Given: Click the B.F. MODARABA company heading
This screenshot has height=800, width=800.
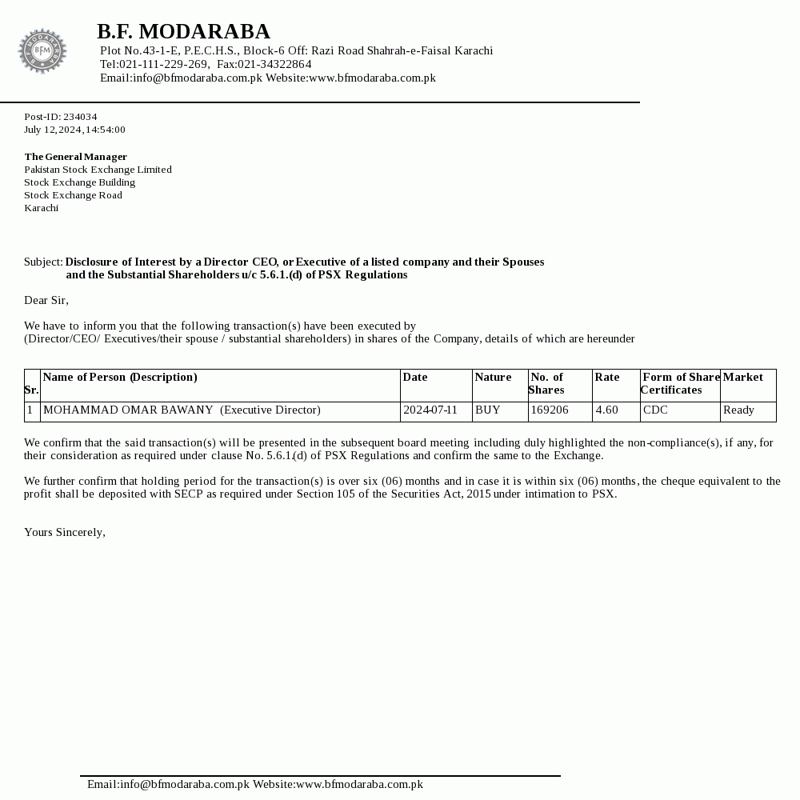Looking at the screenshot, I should (x=183, y=31).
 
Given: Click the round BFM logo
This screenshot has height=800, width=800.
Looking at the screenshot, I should (x=42, y=51).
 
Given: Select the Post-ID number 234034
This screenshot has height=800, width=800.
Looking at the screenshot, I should (x=80, y=117).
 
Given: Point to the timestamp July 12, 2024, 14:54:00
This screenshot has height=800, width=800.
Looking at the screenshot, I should (x=74, y=130).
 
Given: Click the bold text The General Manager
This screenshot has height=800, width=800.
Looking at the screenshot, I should (x=75, y=157).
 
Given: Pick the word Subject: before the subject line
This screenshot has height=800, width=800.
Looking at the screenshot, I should (x=43, y=262).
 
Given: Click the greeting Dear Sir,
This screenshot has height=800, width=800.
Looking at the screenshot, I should (x=46, y=300).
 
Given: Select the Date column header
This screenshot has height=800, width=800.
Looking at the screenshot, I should (x=415, y=377).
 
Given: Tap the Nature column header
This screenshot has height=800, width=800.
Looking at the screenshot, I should (x=493, y=377).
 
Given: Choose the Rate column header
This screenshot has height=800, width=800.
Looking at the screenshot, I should (x=607, y=377).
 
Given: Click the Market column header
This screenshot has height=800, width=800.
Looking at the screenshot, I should (x=743, y=377).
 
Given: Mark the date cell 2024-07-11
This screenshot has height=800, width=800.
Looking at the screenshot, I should (x=430, y=410).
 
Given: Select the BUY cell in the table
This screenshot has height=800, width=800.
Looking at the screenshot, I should (x=488, y=410).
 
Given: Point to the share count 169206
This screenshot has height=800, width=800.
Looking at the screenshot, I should (x=550, y=410).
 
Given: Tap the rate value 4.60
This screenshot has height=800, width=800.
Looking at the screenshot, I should (x=607, y=410).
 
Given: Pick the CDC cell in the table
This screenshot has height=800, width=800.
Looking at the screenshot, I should (x=655, y=410).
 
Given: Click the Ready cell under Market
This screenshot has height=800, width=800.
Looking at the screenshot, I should (x=738, y=410).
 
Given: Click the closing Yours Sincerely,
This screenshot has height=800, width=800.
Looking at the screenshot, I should (x=65, y=532).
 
